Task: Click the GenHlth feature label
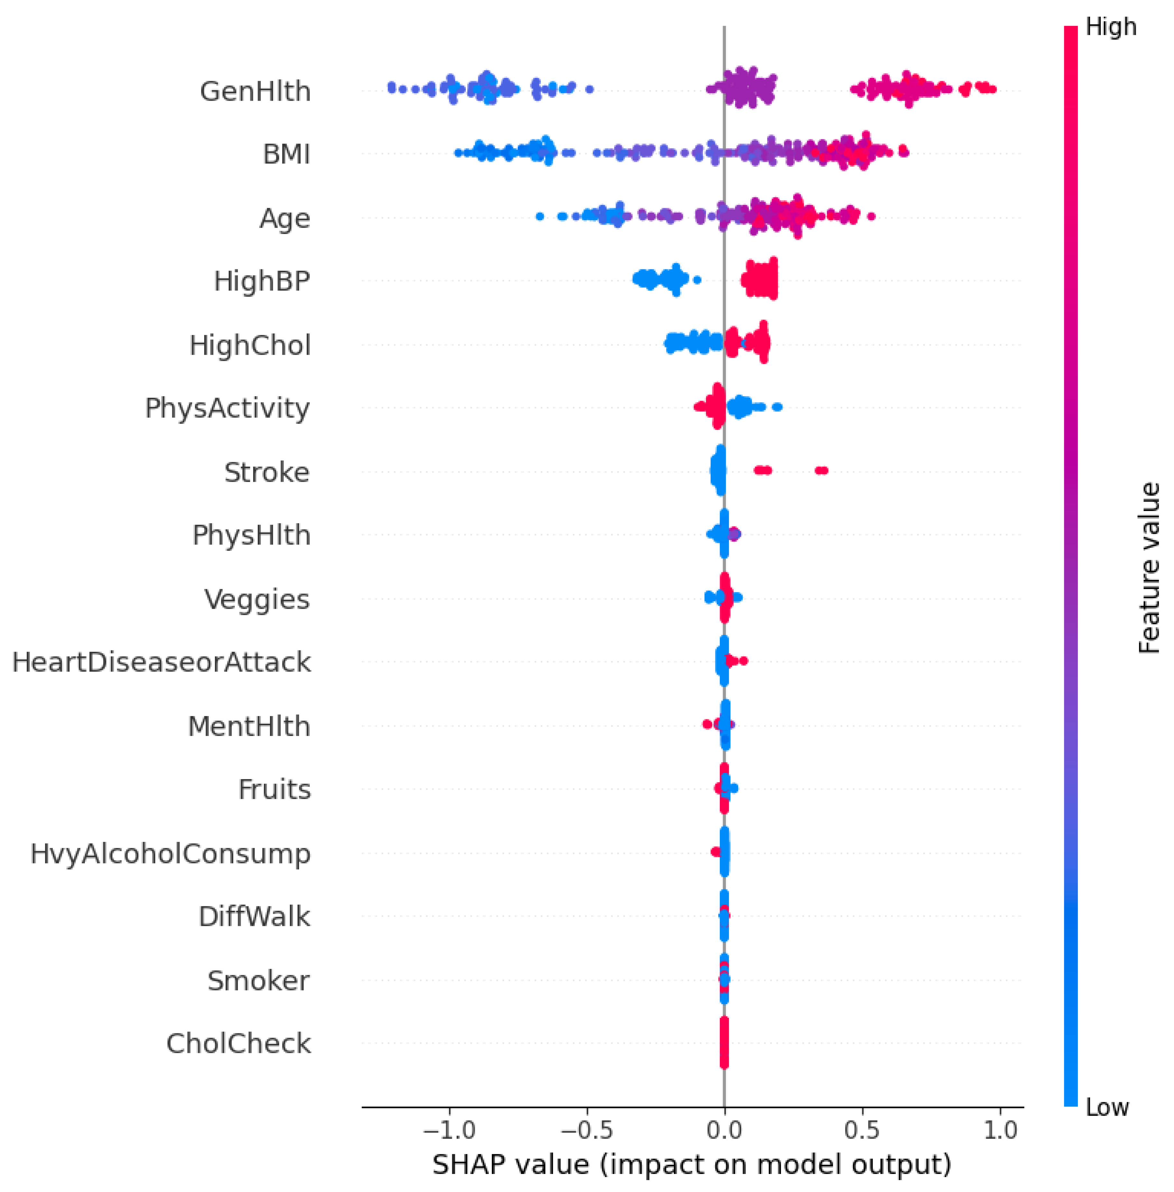coord(255,91)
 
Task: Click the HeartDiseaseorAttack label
coord(161,663)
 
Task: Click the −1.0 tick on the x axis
coord(449,1130)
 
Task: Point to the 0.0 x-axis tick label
coord(724,1130)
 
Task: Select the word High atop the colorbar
coord(1111,27)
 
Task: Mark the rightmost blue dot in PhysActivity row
coord(777,406)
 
